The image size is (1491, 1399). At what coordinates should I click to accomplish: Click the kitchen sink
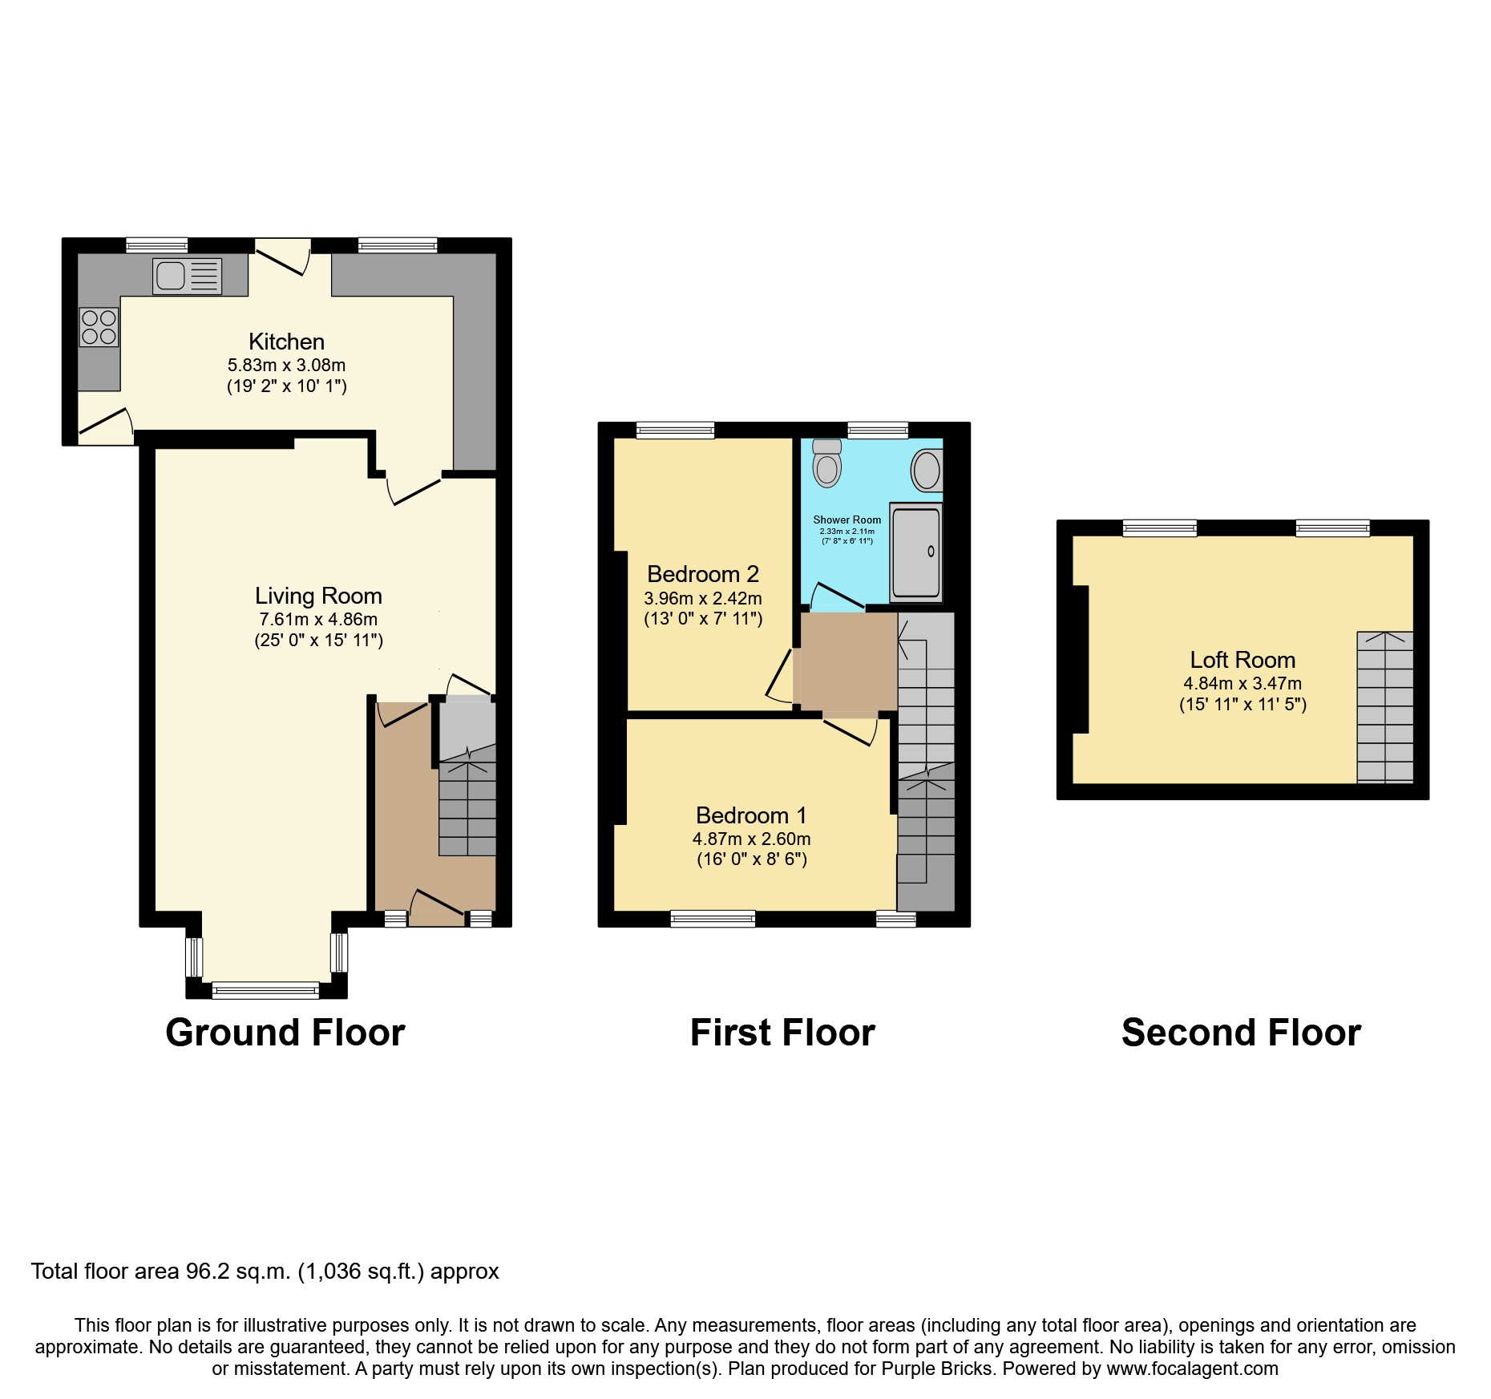(x=187, y=277)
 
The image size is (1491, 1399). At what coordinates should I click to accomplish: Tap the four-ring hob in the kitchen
(x=99, y=327)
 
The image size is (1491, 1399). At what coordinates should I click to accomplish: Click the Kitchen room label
(x=286, y=342)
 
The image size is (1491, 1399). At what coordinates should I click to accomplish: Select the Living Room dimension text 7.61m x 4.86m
(x=318, y=619)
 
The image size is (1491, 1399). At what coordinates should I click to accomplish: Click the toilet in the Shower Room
(x=826, y=463)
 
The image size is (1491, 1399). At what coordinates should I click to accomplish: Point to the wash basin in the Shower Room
(x=927, y=470)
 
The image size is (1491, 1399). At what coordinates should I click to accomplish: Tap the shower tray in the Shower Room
(x=915, y=552)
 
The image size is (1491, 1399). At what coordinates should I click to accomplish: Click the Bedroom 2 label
(x=702, y=574)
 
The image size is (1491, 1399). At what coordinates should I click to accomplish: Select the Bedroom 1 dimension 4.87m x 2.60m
(x=751, y=839)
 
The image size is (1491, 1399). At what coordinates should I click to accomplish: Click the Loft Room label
(x=1242, y=660)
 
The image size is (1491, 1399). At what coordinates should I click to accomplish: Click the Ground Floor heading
(x=285, y=1033)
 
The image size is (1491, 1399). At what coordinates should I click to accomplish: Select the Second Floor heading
(x=1240, y=1033)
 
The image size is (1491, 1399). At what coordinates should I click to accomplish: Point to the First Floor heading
(x=782, y=1033)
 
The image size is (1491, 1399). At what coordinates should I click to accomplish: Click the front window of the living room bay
(x=265, y=991)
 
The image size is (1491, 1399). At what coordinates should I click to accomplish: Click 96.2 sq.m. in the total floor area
(x=238, y=1272)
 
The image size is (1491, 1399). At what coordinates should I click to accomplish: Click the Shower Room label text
(x=847, y=520)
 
